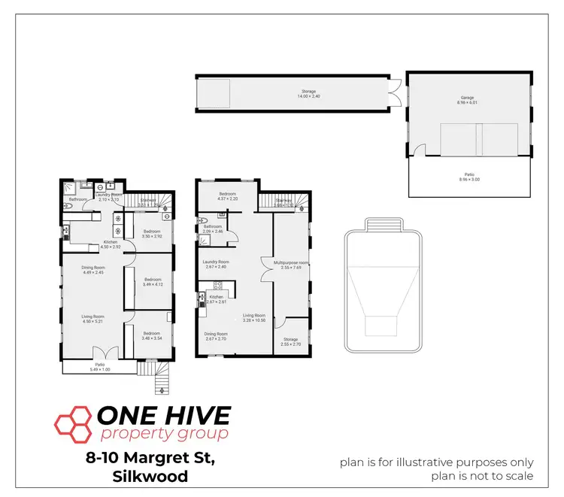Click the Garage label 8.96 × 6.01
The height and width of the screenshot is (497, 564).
coord(468,100)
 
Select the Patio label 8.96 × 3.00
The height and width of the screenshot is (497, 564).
coord(468,178)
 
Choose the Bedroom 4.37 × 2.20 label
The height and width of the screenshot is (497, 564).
coord(228,196)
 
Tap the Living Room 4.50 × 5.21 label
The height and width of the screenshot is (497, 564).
coord(93,319)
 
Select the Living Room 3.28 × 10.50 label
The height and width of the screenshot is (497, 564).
coord(254,318)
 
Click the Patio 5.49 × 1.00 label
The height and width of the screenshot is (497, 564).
coord(99,367)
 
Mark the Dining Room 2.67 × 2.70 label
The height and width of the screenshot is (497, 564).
coord(216,337)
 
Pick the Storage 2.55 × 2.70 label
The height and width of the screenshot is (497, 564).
coord(290,342)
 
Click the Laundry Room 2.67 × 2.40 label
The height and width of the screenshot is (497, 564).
coord(215,264)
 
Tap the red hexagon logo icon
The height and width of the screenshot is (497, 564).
coord(72,423)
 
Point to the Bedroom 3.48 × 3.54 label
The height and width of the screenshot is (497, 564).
coord(153,335)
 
